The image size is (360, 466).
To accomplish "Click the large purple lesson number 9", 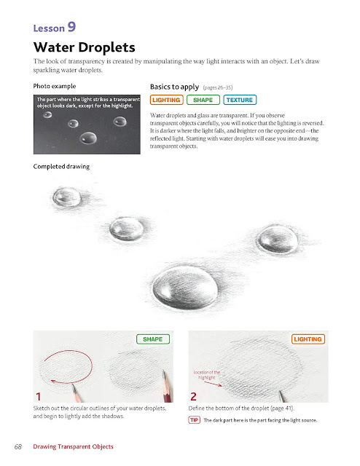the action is pos(71,27).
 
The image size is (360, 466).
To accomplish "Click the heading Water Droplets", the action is pos(85,47).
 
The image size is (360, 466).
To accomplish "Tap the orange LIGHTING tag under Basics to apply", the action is pos(166,100).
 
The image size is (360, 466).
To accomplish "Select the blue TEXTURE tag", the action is pos(240,100).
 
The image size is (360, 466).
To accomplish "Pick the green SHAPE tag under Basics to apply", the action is pos(203,100).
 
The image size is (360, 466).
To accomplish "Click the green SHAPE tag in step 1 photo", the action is pos(153,339).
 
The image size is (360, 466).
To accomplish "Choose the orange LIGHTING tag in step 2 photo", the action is pos(308,339).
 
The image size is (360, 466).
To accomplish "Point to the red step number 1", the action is pos(38,396).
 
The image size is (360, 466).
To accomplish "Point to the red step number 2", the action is pos(193,396).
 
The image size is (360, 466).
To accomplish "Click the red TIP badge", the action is pos(195,420).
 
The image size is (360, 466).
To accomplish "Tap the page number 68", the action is pos(18,446).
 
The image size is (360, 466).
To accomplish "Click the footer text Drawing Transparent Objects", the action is pos(73,446).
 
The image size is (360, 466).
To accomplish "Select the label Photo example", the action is pos(55,86).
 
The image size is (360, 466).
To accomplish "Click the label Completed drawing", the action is pos(61,167).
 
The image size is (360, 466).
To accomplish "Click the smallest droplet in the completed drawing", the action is pos(66,197).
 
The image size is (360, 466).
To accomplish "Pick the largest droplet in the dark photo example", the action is pos(88,138).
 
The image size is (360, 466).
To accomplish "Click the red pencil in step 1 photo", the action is pos(168,387).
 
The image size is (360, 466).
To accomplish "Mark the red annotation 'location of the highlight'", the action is pos(207,375).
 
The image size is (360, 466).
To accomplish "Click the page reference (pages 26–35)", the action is pos(218,87).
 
